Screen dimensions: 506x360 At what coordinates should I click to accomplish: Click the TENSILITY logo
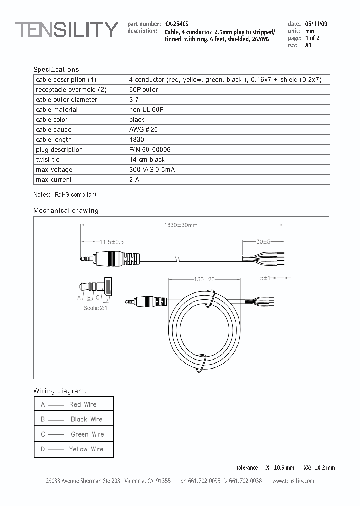tap(66, 30)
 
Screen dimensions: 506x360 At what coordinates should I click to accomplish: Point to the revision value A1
tap(308, 45)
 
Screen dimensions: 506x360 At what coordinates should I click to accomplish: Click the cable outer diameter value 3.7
tap(133, 99)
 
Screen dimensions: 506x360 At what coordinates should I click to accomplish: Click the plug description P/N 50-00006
tap(150, 149)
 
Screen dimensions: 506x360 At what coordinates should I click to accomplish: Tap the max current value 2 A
tap(134, 179)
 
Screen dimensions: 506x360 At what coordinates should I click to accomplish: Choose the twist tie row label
tap(48, 159)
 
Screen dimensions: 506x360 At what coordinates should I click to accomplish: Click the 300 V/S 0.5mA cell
tap(152, 169)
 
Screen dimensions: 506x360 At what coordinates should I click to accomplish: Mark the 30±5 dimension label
tap(263, 242)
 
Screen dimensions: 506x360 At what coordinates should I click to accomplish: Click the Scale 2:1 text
tap(95, 308)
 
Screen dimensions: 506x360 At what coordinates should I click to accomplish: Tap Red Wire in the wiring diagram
tap(83, 404)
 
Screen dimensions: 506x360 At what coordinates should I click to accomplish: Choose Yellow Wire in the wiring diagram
tap(86, 449)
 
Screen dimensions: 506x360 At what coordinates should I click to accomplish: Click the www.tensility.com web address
tap(293, 481)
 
